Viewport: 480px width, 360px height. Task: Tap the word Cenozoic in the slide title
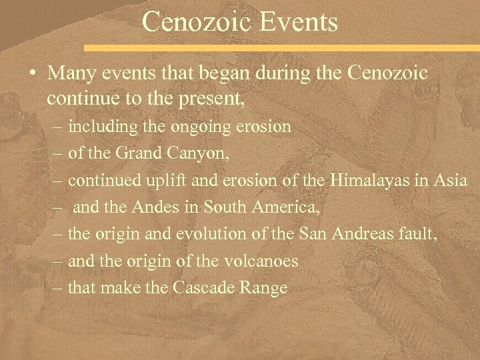[188, 22]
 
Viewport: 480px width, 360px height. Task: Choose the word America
[285, 207]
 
